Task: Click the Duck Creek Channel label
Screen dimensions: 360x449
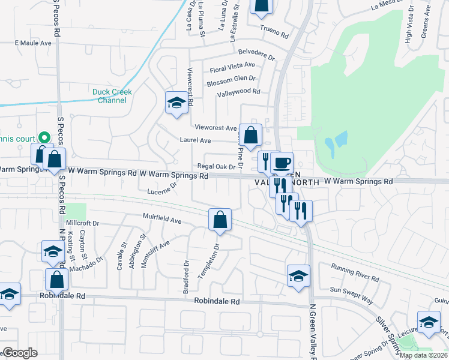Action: (x=112, y=96)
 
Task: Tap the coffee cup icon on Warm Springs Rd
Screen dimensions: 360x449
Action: (x=281, y=163)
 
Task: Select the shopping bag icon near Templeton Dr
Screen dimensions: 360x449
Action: (x=220, y=219)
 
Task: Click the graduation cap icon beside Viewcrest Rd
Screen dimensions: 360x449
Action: (x=176, y=103)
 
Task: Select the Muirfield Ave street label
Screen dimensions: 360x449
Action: (x=161, y=220)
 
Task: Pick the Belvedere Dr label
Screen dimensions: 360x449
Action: (x=256, y=55)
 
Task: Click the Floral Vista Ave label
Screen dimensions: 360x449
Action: (x=232, y=65)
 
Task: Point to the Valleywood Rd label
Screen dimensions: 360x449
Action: (x=238, y=92)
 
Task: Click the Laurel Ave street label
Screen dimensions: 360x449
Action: (x=195, y=140)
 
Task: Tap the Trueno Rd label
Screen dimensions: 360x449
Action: (x=274, y=28)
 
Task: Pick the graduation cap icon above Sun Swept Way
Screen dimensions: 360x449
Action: (x=298, y=275)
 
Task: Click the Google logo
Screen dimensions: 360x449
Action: (x=20, y=353)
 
